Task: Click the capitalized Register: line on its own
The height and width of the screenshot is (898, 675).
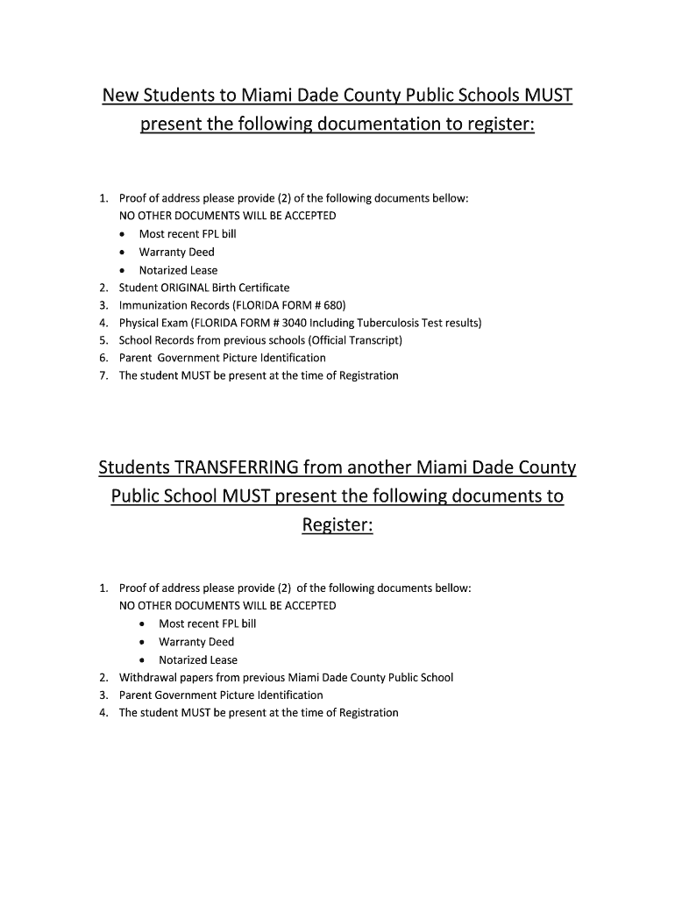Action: tap(337, 526)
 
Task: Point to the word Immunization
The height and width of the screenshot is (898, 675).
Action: tap(153, 305)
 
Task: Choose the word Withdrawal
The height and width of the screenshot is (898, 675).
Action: tap(146, 677)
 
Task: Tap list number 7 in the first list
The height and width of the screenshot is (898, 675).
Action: tap(103, 375)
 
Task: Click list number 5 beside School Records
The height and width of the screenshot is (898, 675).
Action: tap(103, 340)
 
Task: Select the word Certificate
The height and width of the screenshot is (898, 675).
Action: tap(260, 288)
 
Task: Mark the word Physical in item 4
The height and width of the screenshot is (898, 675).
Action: tap(139, 323)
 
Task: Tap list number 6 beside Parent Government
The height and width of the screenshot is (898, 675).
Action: tap(103, 358)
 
